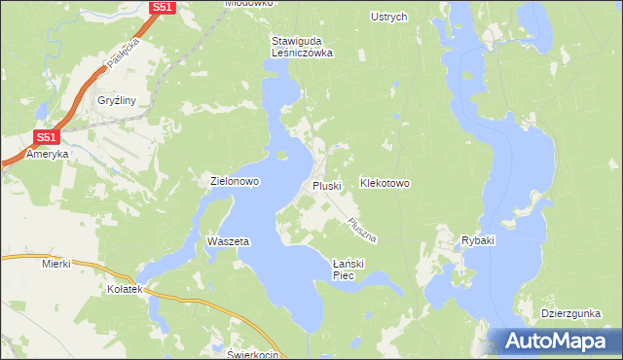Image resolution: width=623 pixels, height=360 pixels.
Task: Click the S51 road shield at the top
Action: coord(163,8)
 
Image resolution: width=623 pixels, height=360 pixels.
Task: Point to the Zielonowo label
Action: coord(234,181)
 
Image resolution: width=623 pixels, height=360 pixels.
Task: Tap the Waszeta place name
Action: coord(229,240)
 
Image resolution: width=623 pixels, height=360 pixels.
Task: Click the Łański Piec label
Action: coord(348,270)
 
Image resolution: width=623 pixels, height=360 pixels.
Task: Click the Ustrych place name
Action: coord(388,17)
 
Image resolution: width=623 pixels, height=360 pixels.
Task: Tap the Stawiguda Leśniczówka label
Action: coord(302,48)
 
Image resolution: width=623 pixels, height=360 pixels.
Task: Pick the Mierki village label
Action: coord(57,264)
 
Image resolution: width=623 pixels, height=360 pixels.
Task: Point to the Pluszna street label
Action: coord(361,230)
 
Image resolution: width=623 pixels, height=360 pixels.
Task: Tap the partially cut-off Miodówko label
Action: coord(249,4)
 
